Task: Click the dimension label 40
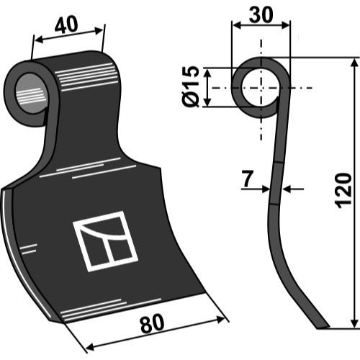tap(66, 24)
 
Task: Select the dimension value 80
tap(152, 324)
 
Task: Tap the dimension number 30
tap(261, 14)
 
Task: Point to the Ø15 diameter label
tap(191, 86)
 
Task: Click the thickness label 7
tap(248, 179)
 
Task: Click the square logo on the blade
tap(105, 241)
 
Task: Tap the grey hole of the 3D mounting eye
tap(30, 94)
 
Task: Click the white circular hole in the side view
tap(261, 87)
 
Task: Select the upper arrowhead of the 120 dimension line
tap(354, 63)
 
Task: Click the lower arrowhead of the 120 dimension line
tap(354, 322)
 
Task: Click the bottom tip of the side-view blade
tap(323, 328)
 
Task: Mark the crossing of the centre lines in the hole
tap(261, 88)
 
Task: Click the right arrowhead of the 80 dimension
tap(220, 320)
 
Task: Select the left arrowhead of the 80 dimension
tap(90, 346)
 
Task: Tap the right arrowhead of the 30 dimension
tap(285, 25)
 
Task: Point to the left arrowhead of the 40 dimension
tap(39, 40)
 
